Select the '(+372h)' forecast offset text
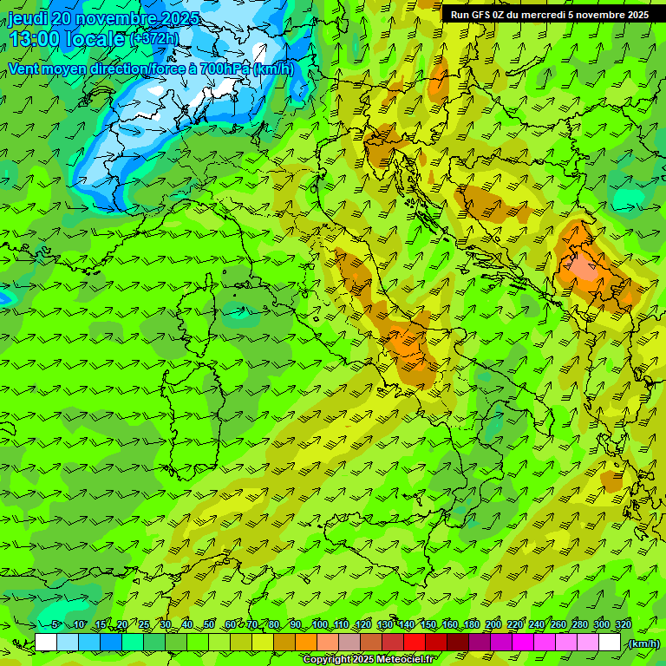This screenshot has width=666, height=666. (x=153, y=39)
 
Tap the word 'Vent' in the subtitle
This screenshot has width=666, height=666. (x=24, y=69)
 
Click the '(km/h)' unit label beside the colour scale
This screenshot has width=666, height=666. (x=643, y=643)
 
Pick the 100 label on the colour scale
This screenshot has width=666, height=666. (x=320, y=624)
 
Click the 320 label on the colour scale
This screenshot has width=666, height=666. (x=624, y=624)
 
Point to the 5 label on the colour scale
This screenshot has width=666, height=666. (x=55, y=624)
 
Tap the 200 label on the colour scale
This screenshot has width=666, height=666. (x=493, y=624)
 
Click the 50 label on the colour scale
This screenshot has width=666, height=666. (x=209, y=624)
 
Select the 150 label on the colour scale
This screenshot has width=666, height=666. (x=428, y=624)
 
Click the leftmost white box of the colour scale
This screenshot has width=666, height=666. (x=46, y=643)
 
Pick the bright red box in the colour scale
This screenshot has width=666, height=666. (x=415, y=643)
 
